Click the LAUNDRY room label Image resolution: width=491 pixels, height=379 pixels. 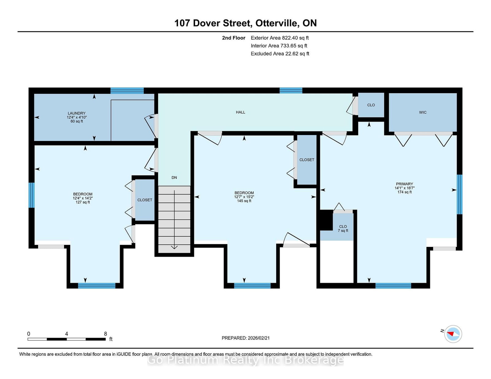[77, 113]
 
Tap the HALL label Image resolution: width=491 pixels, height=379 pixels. [240, 112]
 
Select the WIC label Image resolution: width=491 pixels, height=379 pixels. [423, 112]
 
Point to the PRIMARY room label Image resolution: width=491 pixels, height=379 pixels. [404, 184]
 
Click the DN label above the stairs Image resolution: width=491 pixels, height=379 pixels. [174, 177]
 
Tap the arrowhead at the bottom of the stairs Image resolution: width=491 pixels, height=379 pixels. [174, 247]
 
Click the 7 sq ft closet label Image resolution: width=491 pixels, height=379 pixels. [343, 231]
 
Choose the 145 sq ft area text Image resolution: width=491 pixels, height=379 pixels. [244, 201]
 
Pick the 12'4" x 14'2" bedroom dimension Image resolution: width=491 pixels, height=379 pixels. [83, 198]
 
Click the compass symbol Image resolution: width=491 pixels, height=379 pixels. [453, 334]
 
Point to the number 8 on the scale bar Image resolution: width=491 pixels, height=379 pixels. [105, 334]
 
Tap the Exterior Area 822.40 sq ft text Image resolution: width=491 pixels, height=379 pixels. [280, 38]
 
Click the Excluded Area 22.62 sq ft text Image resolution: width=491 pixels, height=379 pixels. [280, 54]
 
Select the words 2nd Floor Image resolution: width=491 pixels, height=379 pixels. [234, 38]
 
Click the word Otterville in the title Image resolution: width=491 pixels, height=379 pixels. [276, 23]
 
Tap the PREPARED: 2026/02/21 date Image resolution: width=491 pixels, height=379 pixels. [245, 338]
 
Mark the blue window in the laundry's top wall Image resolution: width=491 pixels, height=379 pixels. [127, 90]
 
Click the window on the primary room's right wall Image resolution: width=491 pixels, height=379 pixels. [460, 194]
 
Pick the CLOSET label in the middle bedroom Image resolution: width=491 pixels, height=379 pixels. [307, 160]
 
